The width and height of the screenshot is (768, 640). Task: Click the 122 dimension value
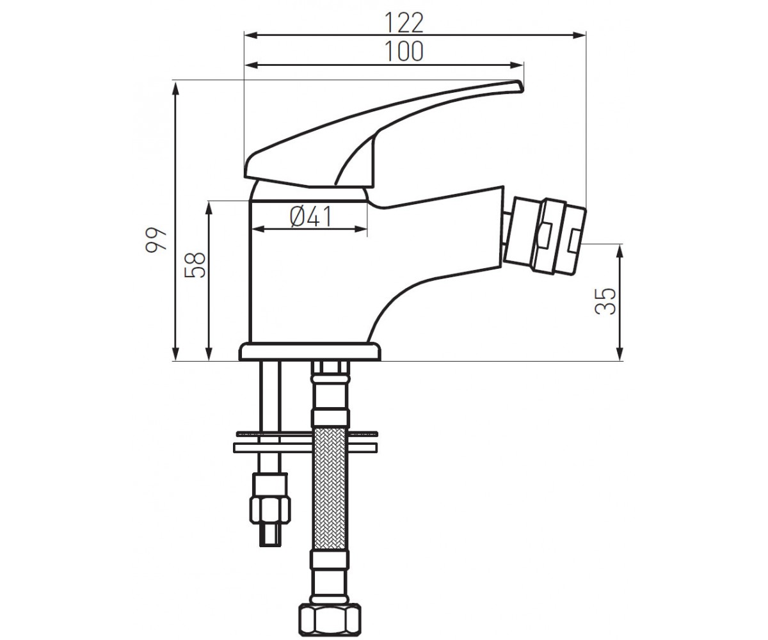click(x=404, y=23)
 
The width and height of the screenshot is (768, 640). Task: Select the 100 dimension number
click(x=404, y=51)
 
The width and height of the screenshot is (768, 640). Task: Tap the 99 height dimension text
click(x=156, y=239)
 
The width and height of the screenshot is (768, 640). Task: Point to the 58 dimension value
click(x=195, y=265)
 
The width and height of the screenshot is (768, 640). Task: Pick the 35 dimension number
click(x=605, y=301)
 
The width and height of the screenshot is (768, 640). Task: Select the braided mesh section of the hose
click(x=329, y=489)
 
